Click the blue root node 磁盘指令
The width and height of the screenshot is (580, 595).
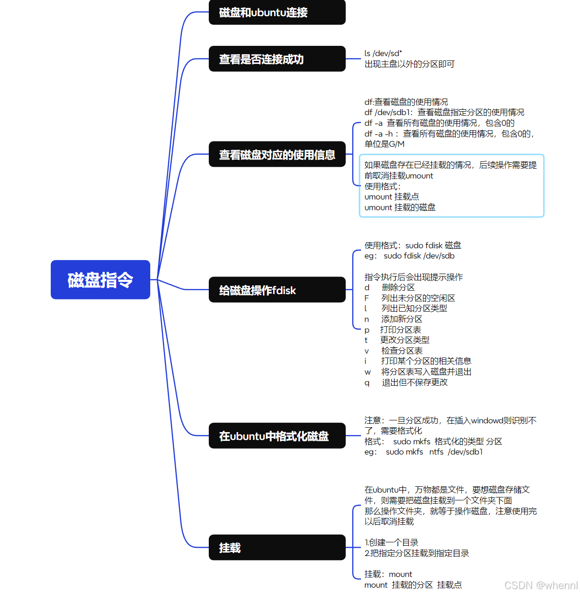[x=100, y=279]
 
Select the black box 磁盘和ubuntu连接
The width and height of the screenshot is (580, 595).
[x=277, y=12]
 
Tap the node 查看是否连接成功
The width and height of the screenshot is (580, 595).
[x=277, y=59]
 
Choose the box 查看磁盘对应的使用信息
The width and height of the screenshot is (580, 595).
[x=277, y=155]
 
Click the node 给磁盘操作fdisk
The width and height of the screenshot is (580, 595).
[x=277, y=290]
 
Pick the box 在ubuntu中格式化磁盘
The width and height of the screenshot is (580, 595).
[x=277, y=436]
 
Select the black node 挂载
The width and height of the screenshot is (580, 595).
[x=277, y=548]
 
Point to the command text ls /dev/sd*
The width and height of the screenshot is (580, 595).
[x=383, y=54]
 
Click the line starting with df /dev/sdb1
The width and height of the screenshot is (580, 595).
[x=444, y=113]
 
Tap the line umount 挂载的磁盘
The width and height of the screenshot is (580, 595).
[x=400, y=208]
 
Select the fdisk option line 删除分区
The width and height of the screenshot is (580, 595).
[x=398, y=288]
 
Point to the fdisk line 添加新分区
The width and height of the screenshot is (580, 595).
[x=401, y=319]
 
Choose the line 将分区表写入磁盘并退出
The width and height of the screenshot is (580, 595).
[x=426, y=372]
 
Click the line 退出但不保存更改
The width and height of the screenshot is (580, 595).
[x=414, y=383]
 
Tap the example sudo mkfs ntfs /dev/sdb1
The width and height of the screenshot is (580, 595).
[x=434, y=452]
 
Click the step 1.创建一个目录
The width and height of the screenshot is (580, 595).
[x=391, y=543]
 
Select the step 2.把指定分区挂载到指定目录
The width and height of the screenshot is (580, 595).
[x=417, y=554]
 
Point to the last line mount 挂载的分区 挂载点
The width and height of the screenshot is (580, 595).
[x=413, y=585]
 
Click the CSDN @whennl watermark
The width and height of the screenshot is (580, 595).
[x=540, y=585]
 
